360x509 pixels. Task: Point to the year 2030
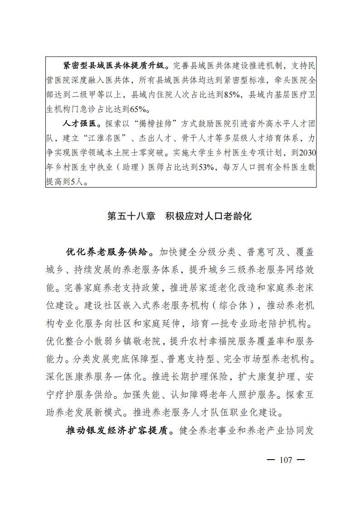[x=306, y=152]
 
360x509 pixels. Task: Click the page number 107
[x=286, y=460]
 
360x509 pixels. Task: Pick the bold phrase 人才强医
[x=82, y=123]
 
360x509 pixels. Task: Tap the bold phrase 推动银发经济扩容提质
[x=120, y=429]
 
